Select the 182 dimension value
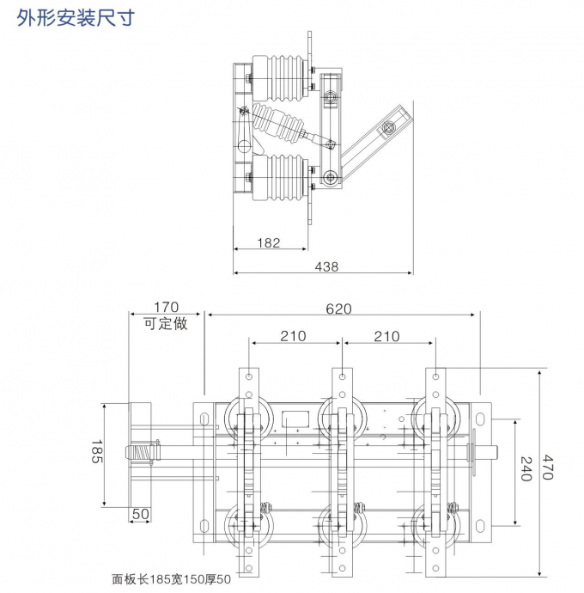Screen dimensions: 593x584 pyautogui.click(x=269, y=243)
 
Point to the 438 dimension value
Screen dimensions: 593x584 pyautogui.click(x=326, y=266)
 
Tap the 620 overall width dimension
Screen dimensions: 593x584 pyautogui.click(x=338, y=309)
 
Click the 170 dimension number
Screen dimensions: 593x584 pyautogui.click(x=166, y=307)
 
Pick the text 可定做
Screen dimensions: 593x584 pyautogui.click(x=165, y=323)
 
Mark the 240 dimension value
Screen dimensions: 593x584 pyautogui.click(x=526, y=469)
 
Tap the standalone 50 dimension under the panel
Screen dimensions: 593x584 pyautogui.click(x=140, y=514)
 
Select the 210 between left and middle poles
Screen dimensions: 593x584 pyautogui.click(x=293, y=336)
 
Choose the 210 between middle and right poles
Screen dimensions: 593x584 pyautogui.click(x=386, y=336)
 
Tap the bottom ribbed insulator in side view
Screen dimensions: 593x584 pyautogui.click(x=279, y=176)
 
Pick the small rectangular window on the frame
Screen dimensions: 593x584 pyautogui.click(x=295, y=420)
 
